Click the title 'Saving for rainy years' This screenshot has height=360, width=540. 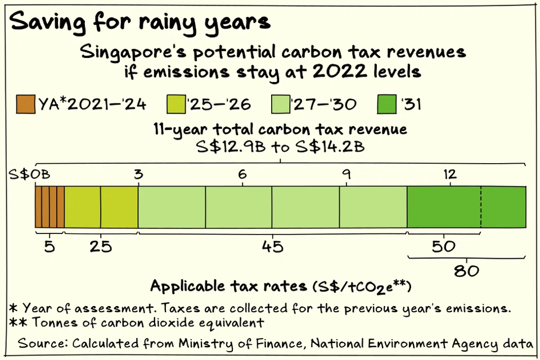click(141, 22)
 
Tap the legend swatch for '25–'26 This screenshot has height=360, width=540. click(177, 104)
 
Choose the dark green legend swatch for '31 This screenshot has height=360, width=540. click(389, 104)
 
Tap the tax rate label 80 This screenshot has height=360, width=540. click(467, 271)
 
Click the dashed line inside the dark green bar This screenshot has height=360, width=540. click(481, 207)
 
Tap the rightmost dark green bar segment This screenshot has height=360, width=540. click(503, 207)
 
